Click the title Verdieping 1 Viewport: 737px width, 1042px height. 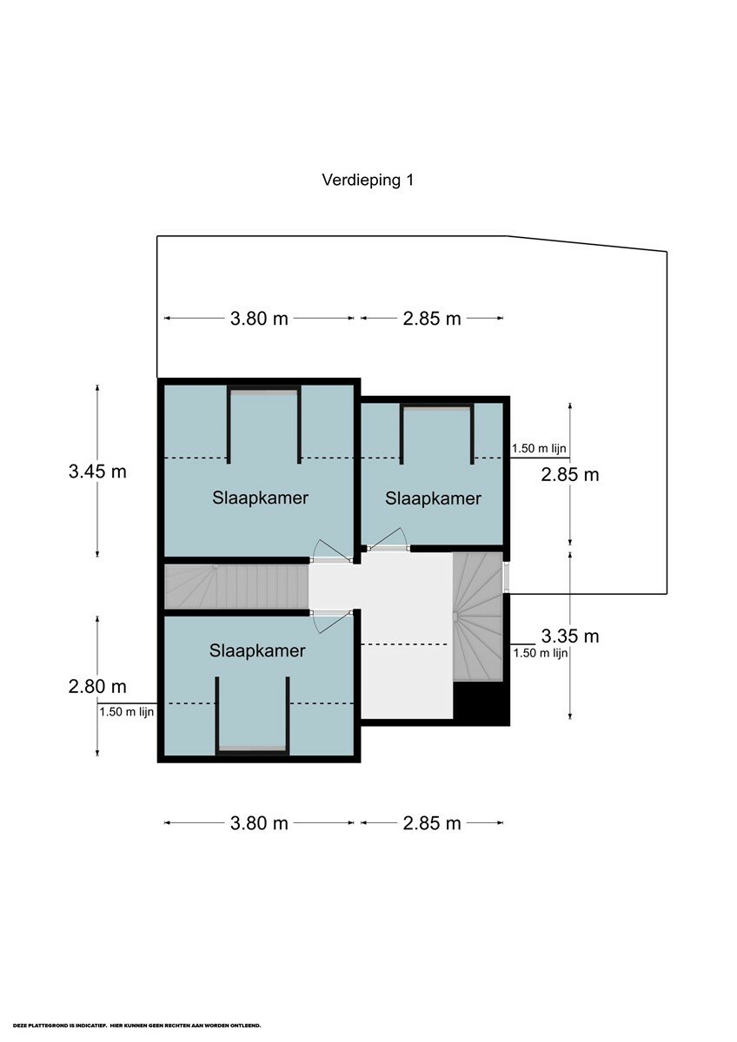point(368,180)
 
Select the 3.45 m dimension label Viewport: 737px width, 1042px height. point(97,472)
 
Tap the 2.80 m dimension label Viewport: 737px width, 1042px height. point(97,686)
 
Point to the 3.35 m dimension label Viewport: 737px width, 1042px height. point(570,636)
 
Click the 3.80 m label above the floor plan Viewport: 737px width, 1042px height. point(259,319)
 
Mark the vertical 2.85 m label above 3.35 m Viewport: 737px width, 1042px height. point(570,475)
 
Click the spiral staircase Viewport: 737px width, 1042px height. point(478,617)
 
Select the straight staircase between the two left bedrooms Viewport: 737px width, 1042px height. point(237,586)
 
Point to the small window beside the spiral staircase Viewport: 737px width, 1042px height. point(507,577)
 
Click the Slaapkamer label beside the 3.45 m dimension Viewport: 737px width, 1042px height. point(260,498)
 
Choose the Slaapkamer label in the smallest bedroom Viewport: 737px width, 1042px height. point(433,498)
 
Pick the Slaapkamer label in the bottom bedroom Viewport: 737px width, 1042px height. point(257,650)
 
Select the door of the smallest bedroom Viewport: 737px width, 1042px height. point(388,540)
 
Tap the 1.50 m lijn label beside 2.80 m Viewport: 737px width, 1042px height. point(127,712)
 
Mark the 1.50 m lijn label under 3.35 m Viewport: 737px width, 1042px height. point(541,653)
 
